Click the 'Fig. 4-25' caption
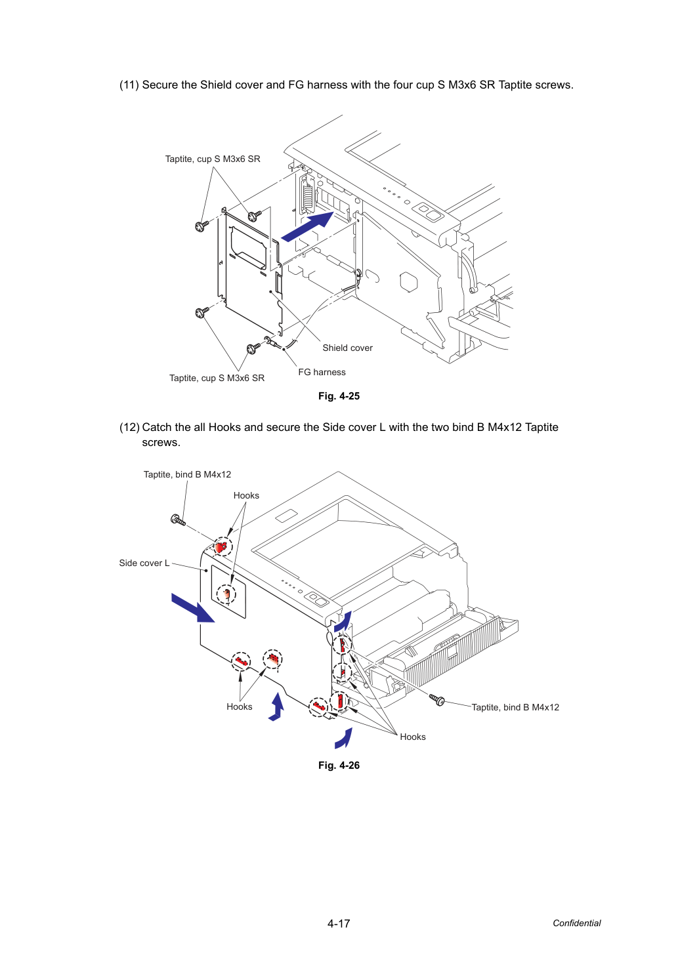(339, 396)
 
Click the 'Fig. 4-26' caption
(339, 765)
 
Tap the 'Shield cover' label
(347, 348)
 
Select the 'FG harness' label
(322, 372)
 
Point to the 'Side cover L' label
(144, 563)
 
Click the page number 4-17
(339, 924)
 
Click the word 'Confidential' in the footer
(576, 923)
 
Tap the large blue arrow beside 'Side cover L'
(193, 608)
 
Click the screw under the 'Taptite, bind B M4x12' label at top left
(178, 521)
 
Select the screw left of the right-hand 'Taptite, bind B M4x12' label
(437, 699)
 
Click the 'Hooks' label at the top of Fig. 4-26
(246, 495)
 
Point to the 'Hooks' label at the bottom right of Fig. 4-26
(413, 737)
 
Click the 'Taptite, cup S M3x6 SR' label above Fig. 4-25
(213, 159)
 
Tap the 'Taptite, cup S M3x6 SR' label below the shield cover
(217, 378)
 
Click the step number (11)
(129, 85)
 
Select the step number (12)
(129, 427)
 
